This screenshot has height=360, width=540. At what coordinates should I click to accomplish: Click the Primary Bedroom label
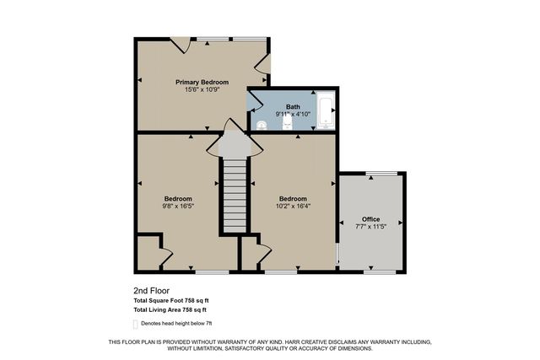[x=202, y=82]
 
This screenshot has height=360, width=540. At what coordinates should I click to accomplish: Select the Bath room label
[x=293, y=106]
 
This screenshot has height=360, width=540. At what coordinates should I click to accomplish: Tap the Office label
[x=371, y=219]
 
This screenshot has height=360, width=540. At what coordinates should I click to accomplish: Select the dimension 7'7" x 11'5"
[x=371, y=227]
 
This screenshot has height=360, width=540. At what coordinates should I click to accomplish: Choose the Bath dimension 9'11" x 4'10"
[x=293, y=114]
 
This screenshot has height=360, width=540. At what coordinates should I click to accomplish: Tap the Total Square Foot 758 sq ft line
[x=170, y=300]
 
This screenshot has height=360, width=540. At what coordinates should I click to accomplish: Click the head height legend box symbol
[x=136, y=323]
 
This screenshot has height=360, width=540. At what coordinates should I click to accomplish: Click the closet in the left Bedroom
[x=148, y=253]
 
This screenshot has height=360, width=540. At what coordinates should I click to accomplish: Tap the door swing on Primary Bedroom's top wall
[x=180, y=45]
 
